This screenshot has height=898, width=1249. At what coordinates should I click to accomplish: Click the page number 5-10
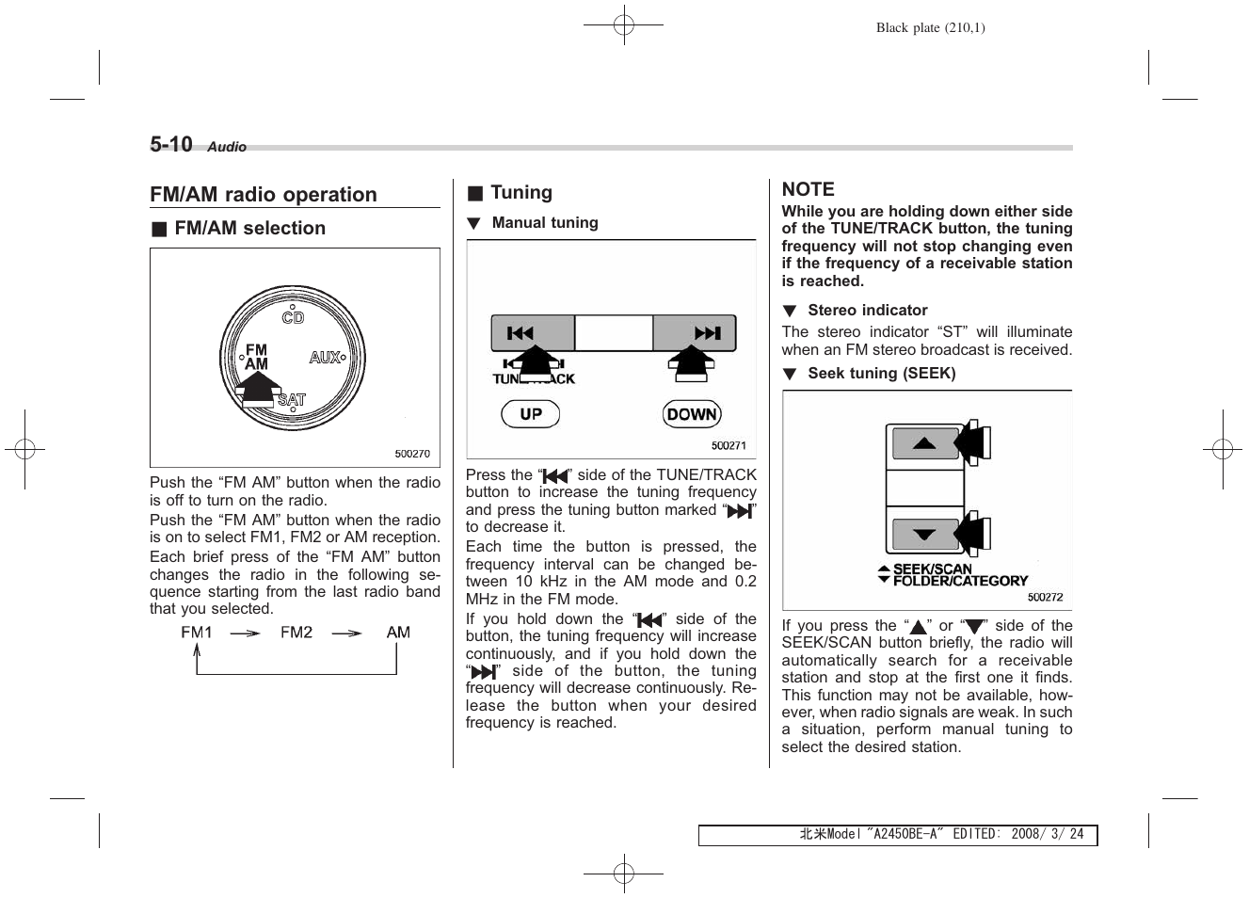(x=171, y=144)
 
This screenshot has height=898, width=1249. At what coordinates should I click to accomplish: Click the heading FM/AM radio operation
(x=264, y=195)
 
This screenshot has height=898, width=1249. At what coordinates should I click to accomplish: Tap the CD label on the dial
(x=293, y=318)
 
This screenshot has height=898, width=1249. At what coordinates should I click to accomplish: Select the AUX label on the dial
(x=325, y=358)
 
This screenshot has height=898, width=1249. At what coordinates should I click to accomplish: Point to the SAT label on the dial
(x=292, y=400)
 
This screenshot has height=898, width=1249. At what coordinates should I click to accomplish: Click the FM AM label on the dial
(x=256, y=357)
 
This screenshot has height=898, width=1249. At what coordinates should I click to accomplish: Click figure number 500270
(x=411, y=454)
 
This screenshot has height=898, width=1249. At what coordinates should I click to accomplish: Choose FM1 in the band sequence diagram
(x=197, y=633)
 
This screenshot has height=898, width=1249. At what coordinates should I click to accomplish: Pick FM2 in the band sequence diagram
(x=296, y=633)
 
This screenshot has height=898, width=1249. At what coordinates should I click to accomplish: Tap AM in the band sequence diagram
(x=398, y=633)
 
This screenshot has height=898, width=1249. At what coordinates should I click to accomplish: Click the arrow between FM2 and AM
(x=346, y=633)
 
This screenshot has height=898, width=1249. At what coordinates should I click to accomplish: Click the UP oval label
(x=531, y=414)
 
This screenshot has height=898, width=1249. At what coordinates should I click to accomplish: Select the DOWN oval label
(x=692, y=414)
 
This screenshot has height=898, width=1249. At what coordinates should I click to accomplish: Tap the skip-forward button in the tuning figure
(x=706, y=333)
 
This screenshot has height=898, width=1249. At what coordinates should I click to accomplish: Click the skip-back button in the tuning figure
(x=520, y=333)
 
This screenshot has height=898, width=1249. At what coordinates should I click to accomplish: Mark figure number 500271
(x=729, y=446)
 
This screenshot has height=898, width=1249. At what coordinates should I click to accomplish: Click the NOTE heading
(x=808, y=189)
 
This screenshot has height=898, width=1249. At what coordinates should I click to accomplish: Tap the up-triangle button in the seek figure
(x=924, y=443)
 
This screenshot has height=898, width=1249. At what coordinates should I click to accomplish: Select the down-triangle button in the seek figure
(x=924, y=535)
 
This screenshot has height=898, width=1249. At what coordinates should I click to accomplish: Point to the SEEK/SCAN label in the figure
(x=932, y=569)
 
